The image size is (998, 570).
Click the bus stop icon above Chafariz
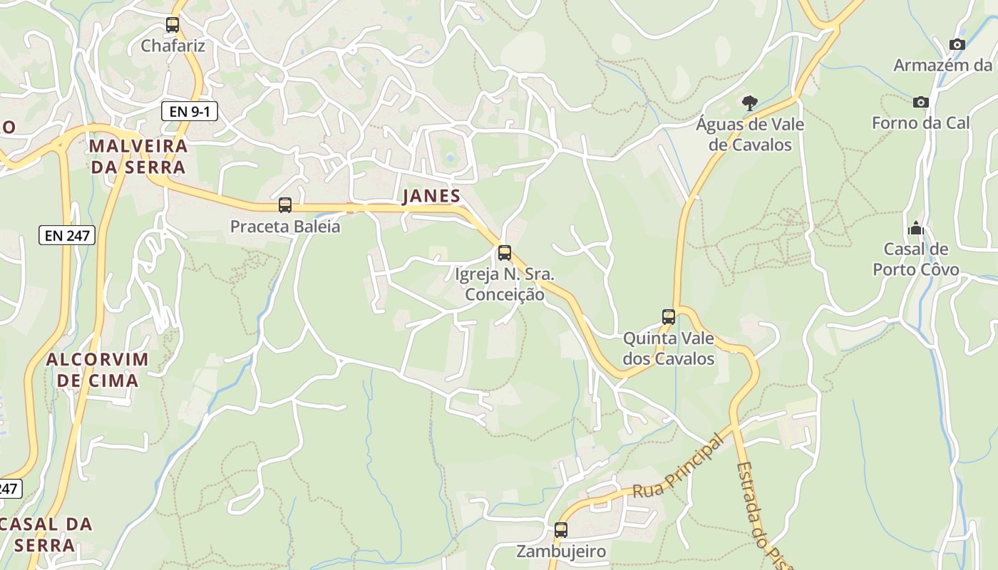[173, 25]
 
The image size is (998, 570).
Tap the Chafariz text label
[173, 46]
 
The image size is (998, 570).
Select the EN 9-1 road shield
[189, 111]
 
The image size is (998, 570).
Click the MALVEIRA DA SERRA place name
[138, 157]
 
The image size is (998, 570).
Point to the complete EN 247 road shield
[67, 235]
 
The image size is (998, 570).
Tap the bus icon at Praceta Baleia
[285, 205]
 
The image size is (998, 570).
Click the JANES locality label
[431, 197]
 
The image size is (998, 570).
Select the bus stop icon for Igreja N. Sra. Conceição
[505, 252]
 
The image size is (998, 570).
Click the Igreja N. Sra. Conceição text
[505, 284]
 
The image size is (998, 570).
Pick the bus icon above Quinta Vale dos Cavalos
[669, 317]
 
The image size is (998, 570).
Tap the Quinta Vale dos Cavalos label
[669, 348]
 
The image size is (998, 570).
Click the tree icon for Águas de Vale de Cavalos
[749, 103]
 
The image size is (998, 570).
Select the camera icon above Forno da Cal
[921, 102]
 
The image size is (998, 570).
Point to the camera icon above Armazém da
[957, 44]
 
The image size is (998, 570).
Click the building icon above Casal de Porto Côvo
[916, 228]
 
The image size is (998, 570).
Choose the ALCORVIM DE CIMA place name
[98, 370]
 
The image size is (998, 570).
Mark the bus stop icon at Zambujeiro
[561, 530]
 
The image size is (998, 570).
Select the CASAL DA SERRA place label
[46, 534]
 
